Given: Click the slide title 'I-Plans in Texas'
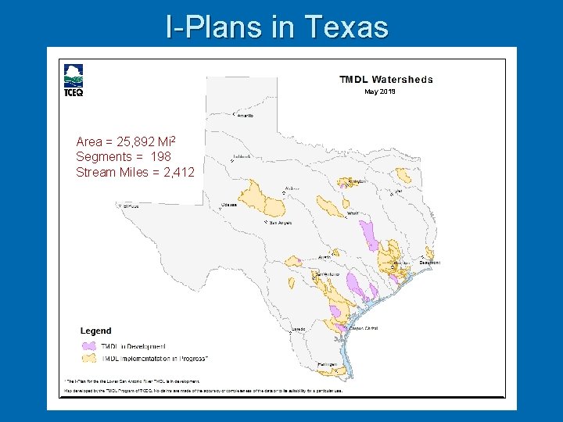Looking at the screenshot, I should pos(278,27).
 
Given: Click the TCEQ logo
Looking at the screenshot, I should pos(74,80).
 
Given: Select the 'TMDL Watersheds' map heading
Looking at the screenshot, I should pos(385,79).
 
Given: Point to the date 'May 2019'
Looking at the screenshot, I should pos(380,91).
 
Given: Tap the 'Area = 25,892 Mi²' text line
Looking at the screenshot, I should pos(125,141).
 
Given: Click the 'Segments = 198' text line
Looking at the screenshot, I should pos(123,157).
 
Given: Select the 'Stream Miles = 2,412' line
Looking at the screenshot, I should pos(135,172).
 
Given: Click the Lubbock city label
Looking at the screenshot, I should pos(242,156).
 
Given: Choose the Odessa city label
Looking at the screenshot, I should pos(228,205).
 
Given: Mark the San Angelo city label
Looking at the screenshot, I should pos(281,223).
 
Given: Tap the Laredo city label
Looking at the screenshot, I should pos(299,330).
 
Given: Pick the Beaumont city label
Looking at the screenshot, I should pos(429,263).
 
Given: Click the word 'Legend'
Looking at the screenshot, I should pos(96,331).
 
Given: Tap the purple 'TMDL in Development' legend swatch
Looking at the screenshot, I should pos(88,345).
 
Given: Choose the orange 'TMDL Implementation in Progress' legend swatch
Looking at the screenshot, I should pos(88,358).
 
